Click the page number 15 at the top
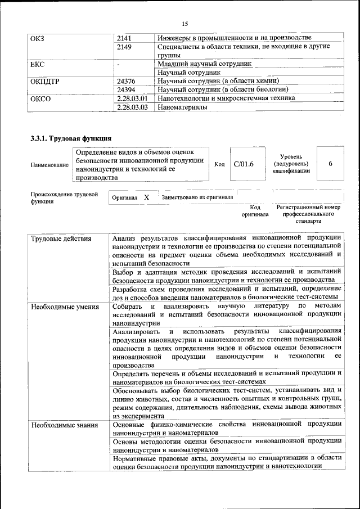tap(184, 23)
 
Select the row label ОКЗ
tap(38, 38)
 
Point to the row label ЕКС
tap(38, 64)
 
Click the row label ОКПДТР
tap(44, 81)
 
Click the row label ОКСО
tap(40, 98)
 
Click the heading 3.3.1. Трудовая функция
tap(71, 138)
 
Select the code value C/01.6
tap(244, 164)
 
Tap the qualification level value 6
tap(330, 164)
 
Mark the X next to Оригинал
tap(146, 198)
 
